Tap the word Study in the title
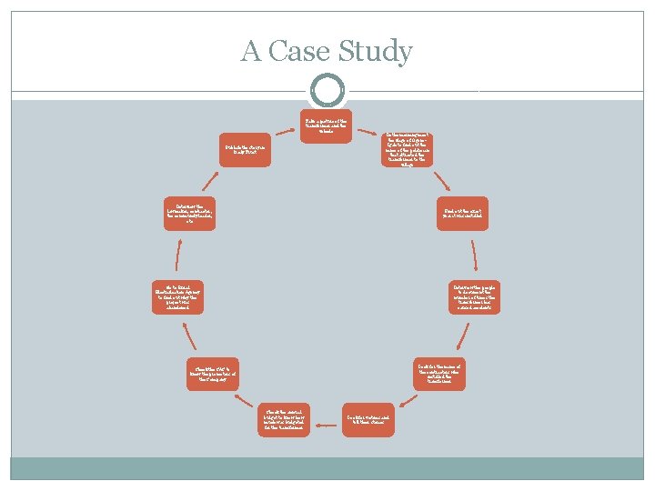pyautogui.click(x=378, y=53)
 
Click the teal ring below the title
pyautogui.click(x=327, y=90)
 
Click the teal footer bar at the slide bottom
pyautogui.click(x=327, y=468)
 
